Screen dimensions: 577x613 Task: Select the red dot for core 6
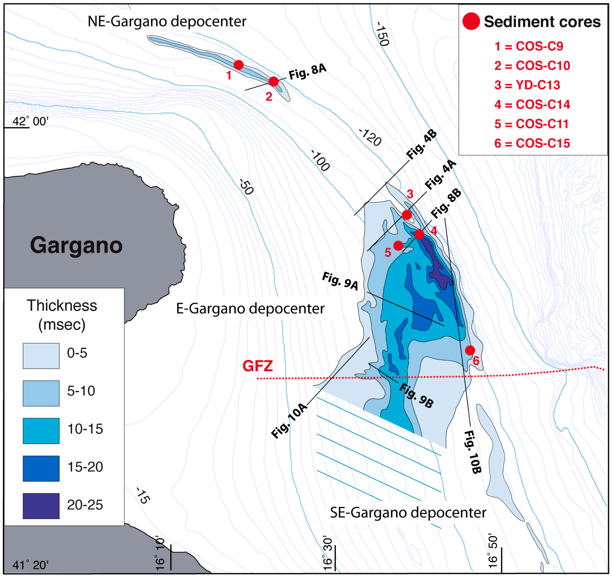tap(470, 350)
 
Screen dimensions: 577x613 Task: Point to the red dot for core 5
tap(398, 245)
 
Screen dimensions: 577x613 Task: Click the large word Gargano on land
tap(76, 245)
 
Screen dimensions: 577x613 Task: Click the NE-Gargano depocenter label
tap(167, 22)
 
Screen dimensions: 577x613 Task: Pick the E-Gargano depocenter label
tap(250, 309)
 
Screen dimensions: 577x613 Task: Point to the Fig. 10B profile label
tap(472, 452)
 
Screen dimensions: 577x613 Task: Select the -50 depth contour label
tap(246, 187)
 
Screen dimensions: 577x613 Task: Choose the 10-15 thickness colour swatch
tap(41, 431)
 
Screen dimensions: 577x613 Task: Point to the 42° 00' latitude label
tap(30, 121)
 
